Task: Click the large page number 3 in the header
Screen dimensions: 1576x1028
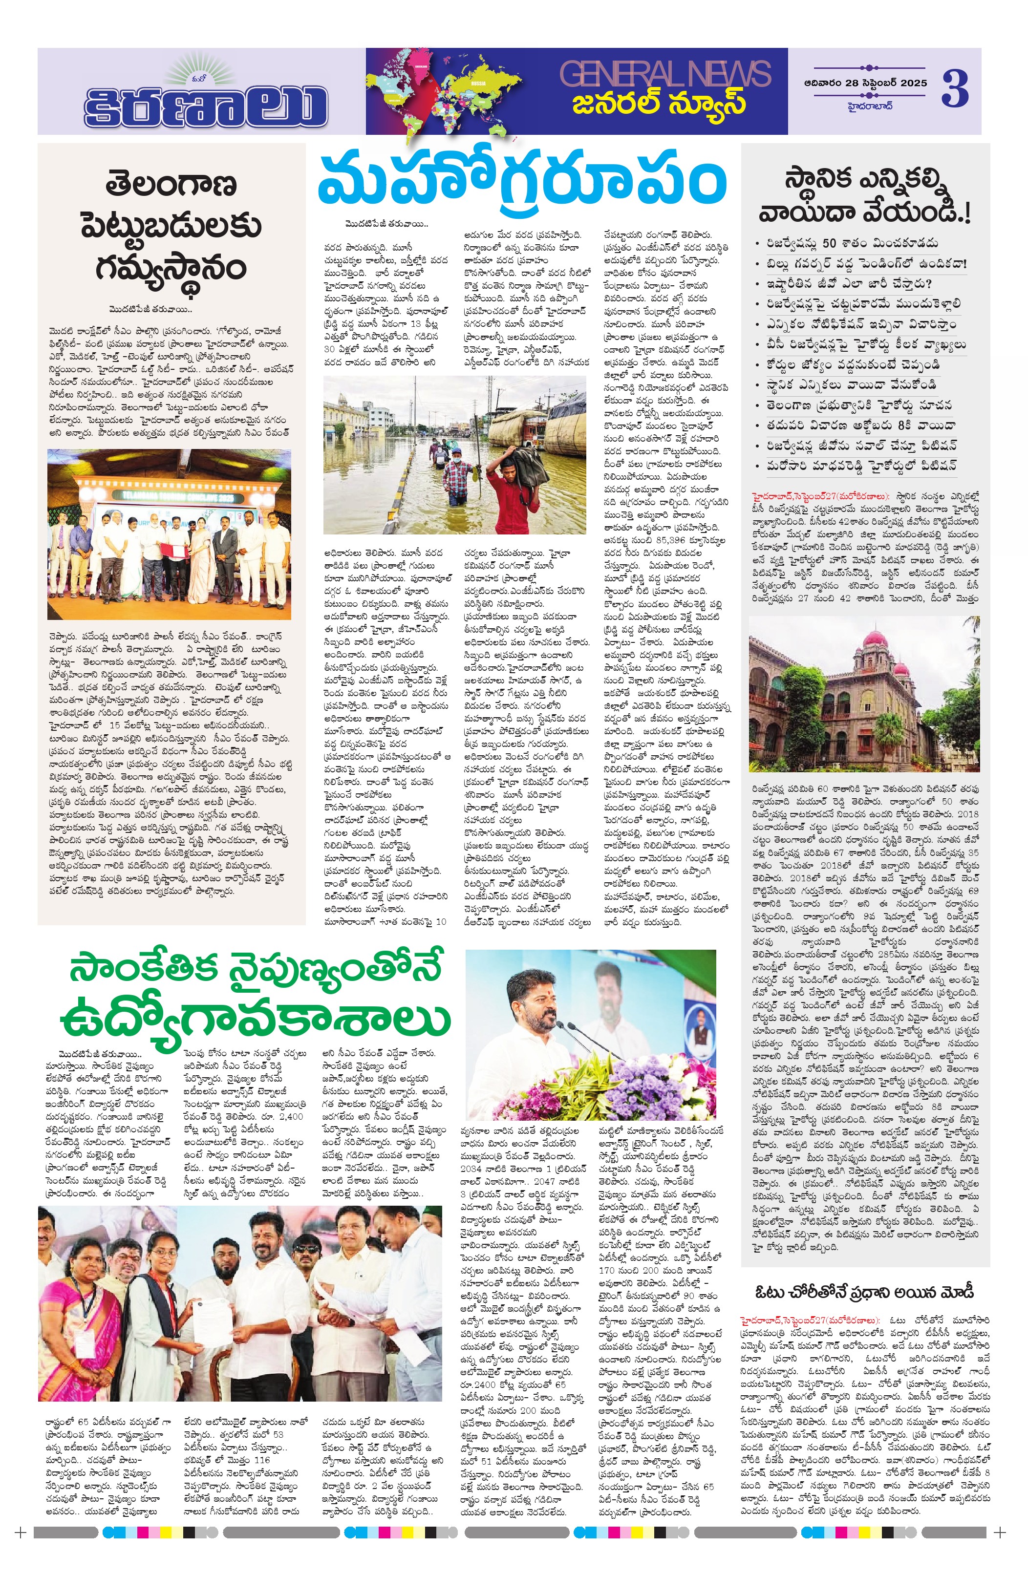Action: pos(955,89)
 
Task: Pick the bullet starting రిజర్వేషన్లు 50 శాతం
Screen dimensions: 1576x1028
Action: pos(852,243)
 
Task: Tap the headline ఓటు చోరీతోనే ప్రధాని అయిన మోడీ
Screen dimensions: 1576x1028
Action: pos(864,1291)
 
